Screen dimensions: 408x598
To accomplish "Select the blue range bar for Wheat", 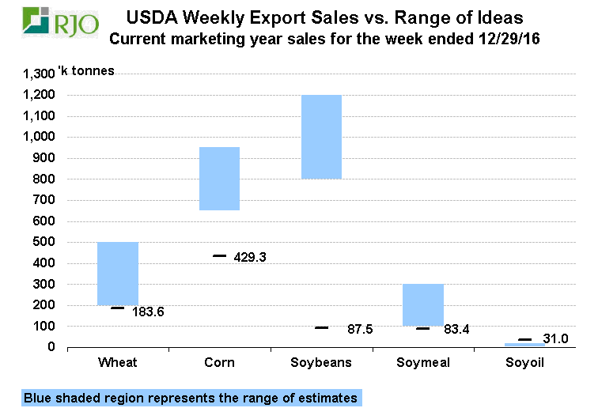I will coord(118,273).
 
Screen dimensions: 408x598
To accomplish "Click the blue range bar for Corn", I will coord(219,179).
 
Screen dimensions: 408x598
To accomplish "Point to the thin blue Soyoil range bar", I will coord(524,345).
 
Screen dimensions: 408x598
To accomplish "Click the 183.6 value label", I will coord(148,312).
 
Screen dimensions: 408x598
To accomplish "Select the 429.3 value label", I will coord(250,257).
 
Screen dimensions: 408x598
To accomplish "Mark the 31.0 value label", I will coord(557,338).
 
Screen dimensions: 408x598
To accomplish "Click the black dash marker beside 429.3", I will coord(219,256).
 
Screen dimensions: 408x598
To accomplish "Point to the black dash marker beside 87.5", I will coord(321,327).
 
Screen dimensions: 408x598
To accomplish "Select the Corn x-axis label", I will coord(219,362).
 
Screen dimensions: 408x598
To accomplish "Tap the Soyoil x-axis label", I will coord(524,362).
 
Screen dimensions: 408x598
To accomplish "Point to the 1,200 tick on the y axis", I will coord(40,95).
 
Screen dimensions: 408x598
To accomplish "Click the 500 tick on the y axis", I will coord(45,242).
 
